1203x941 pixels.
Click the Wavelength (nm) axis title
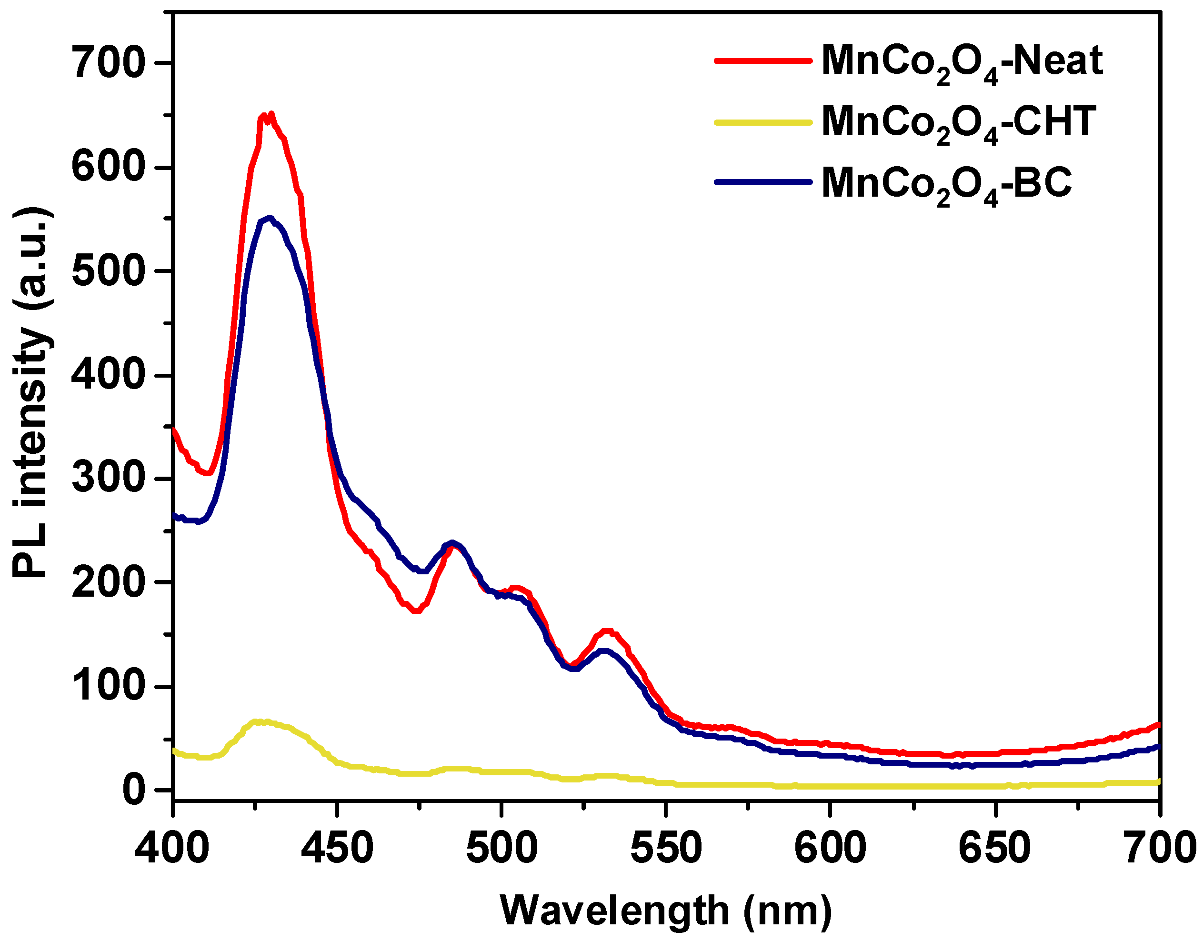pyautogui.click(x=666, y=911)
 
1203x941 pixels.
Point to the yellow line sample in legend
pyautogui.click(x=763, y=122)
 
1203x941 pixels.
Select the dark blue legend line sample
pyautogui.click(x=763, y=182)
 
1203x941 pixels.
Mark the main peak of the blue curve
pyautogui.click(x=269, y=218)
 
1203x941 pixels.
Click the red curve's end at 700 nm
pyautogui.click(x=1158, y=724)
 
